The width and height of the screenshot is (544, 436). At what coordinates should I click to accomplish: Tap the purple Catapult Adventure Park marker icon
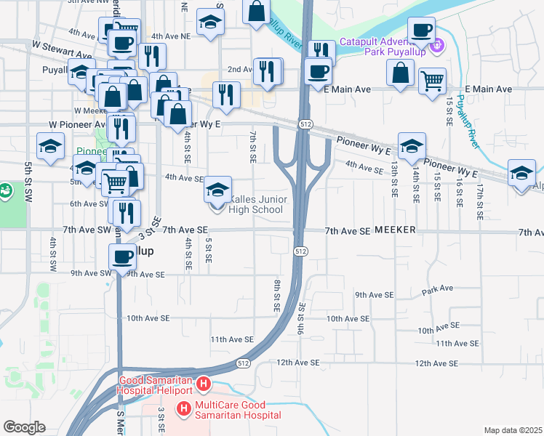tap(436, 48)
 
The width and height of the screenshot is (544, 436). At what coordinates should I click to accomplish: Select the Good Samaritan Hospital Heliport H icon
tap(204, 383)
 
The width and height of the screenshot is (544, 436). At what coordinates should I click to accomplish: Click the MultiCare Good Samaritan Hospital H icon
tap(183, 409)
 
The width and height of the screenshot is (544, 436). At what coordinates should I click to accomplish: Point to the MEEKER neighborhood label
tap(395, 230)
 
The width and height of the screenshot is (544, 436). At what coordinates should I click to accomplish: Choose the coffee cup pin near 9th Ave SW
tap(122, 255)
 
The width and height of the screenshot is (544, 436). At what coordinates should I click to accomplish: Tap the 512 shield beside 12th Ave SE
tap(244, 363)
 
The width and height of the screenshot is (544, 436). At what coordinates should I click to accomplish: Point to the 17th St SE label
tap(481, 202)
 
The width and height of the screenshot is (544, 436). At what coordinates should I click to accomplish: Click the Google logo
tap(24, 427)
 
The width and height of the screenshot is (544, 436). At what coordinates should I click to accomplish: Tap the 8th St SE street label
tap(277, 295)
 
